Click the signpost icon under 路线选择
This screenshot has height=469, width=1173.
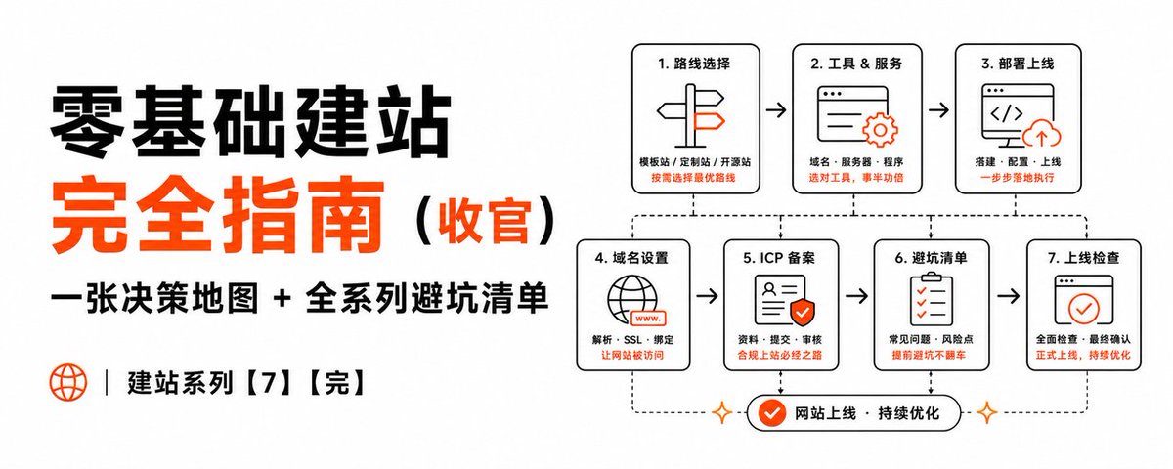tap(691, 116)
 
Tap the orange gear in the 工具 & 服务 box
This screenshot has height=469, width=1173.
tap(881, 130)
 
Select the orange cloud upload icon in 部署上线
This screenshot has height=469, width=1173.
tap(1042, 134)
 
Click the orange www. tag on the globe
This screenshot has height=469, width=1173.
tap(648, 318)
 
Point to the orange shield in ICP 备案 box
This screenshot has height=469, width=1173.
tap(802, 313)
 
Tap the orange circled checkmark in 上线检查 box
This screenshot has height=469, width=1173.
tap(1083, 309)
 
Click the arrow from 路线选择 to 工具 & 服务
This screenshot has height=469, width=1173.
tap(776, 109)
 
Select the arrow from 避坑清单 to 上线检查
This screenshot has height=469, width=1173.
tap(1009, 296)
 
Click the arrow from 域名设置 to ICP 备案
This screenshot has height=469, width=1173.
tap(707, 296)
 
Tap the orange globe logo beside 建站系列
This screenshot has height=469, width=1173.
tap(68, 383)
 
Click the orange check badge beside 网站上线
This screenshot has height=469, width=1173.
tap(772, 413)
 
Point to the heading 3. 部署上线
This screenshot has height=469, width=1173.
tap(1017, 64)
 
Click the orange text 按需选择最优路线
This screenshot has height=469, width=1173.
tap(693, 178)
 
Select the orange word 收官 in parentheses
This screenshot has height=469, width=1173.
tap(484, 221)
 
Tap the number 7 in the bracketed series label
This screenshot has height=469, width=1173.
tap(269, 383)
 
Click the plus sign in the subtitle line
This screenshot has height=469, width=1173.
tap(282, 299)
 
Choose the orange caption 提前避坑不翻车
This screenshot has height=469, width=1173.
tap(929, 355)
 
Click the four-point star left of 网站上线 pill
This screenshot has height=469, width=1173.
tap(722, 413)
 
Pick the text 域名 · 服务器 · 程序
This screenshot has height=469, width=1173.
tap(856, 162)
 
